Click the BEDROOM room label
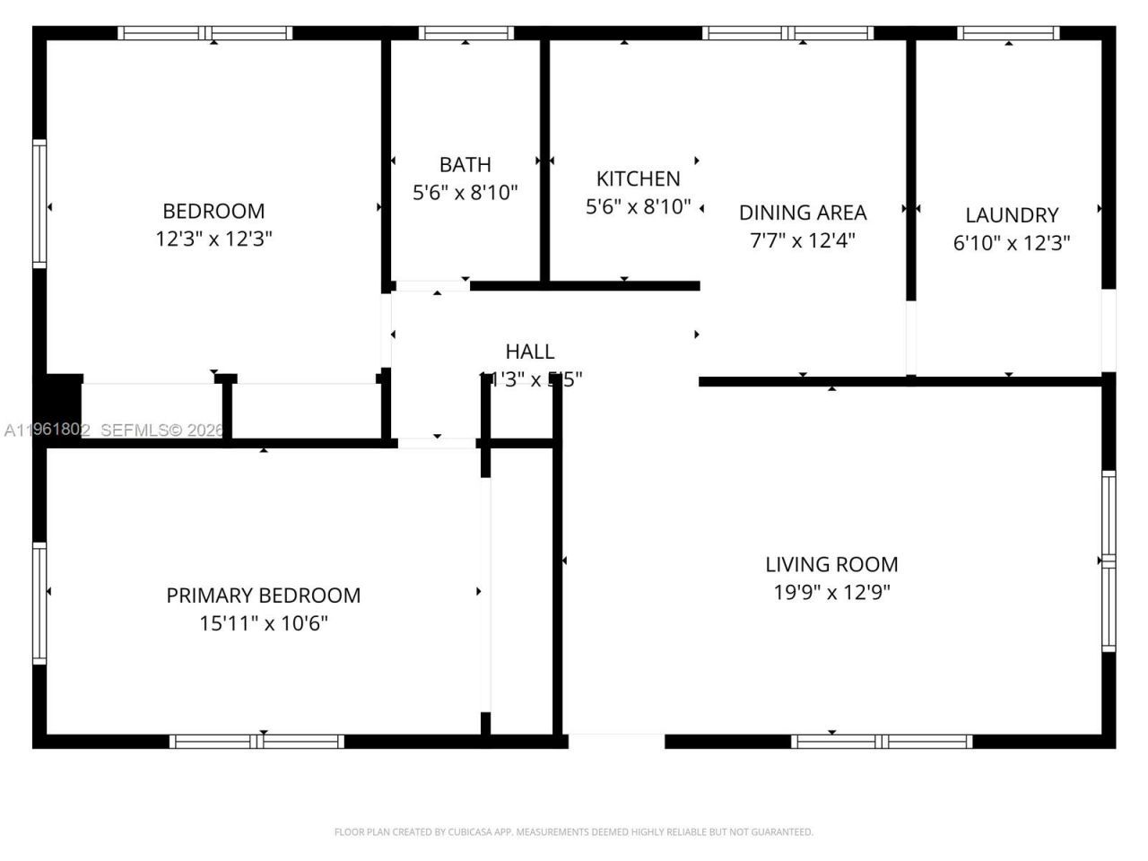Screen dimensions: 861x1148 pyautogui.click(x=213, y=211)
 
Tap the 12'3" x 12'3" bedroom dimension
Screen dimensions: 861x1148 pyautogui.click(x=213, y=239)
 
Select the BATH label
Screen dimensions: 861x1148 pyautogui.click(x=465, y=165)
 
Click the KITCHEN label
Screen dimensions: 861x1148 pyautogui.click(x=638, y=178)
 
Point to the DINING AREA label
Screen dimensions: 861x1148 pyautogui.click(x=802, y=213)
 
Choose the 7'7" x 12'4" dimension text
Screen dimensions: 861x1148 pyautogui.click(x=802, y=240)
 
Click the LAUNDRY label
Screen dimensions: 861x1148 pyautogui.click(x=1011, y=215)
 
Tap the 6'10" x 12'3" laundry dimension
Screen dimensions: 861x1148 pyautogui.click(x=1011, y=243)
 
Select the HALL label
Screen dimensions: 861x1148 pyautogui.click(x=529, y=352)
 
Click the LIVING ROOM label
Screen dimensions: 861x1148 pyautogui.click(x=831, y=564)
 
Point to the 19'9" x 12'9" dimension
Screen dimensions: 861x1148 pyautogui.click(x=831, y=592)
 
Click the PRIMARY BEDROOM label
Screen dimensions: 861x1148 pyautogui.click(x=263, y=596)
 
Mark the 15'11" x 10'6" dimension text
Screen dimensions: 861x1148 pyautogui.click(x=263, y=623)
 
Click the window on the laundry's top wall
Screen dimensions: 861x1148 pyautogui.click(x=1008, y=33)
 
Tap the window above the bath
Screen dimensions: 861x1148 pyautogui.click(x=465, y=33)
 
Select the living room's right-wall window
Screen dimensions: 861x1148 pyautogui.click(x=1109, y=561)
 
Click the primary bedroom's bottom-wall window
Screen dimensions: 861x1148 pyautogui.click(x=257, y=742)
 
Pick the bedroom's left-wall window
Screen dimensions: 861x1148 pyautogui.click(x=39, y=204)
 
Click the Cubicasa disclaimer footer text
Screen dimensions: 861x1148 pyautogui.click(x=573, y=832)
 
